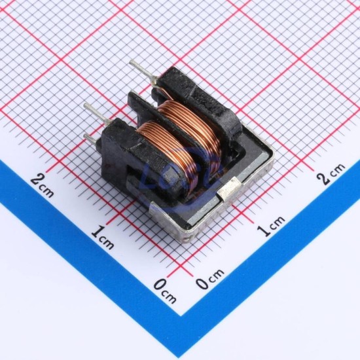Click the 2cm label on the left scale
click(x=43, y=185)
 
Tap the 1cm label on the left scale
click(x=102, y=238)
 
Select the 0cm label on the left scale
click(x=165, y=291)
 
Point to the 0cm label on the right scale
click(x=209, y=278)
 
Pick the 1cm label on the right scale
click(x=271, y=226)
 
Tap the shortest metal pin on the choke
click(x=91, y=139)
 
